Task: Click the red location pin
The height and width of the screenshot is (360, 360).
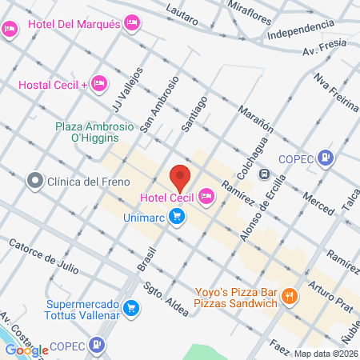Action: pos(180,176)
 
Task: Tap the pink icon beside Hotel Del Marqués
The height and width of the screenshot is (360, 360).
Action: pos(131,24)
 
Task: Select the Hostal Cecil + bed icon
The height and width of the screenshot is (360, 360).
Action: pos(98,82)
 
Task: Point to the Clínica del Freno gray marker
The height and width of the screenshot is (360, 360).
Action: pos(34,180)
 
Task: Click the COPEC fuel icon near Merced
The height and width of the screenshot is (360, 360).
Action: pos(325,158)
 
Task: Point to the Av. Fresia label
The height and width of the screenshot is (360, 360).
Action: pos(323,47)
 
